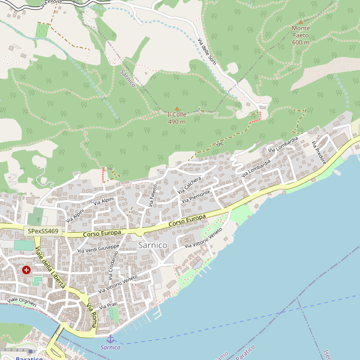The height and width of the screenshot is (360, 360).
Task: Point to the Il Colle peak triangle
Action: [176, 109]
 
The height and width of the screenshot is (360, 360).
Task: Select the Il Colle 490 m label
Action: [176, 118]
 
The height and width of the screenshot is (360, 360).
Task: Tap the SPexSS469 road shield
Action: [43, 230]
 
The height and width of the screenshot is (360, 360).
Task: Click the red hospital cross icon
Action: [26, 270]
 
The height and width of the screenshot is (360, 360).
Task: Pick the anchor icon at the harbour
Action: [110, 339]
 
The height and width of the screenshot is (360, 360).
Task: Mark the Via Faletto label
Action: [154, 195]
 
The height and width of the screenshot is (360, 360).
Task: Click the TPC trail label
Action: [220, 145]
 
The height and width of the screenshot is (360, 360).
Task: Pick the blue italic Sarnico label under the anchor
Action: [110, 347]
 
